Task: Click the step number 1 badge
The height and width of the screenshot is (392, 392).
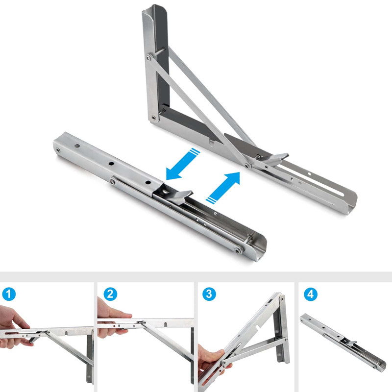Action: pyautogui.click(x=9, y=294)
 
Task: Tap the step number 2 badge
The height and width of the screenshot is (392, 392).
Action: pyautogui.click(x=110, y=294)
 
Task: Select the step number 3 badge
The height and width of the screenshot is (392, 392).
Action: pyautogui.click(x=209, y=294)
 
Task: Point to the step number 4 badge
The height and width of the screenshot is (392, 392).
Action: pyautogui.click(x=311, y=294)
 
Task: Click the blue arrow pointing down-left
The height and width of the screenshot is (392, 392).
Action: pyautogui.click(x=183, y=164)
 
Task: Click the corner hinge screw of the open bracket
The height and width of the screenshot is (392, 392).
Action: pyautogui.click(x=153, y=117)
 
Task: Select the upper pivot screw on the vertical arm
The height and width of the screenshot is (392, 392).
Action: pyautogui.click(x=149, y=58)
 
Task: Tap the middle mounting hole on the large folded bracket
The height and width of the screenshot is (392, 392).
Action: pyautogui.click(x=111, y=164)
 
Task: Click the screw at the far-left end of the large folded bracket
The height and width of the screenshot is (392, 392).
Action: pyautogui.click(x=58, y=150)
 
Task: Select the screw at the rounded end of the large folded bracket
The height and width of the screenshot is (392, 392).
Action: pyautogui.click(x=237, y=250)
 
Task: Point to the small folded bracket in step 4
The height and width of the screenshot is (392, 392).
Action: pyautogui.click(x=343, y=342)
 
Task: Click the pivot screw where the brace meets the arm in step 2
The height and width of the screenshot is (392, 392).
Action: pyautogui.click(x=144, y=322)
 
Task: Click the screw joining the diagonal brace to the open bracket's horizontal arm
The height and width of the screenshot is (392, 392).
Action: pyautogui.click(x=247, y=165)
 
